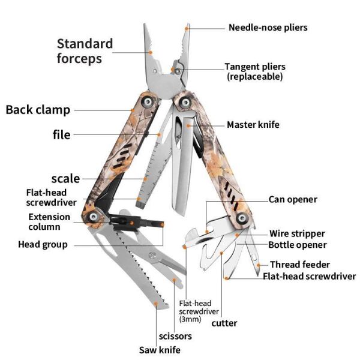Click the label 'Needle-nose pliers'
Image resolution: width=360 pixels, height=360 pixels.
coord(268,28)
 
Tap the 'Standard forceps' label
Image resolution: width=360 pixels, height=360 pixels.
coord(85,51)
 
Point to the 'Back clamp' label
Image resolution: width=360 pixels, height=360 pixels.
coord(38,110)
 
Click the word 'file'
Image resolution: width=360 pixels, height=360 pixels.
coord(62,134)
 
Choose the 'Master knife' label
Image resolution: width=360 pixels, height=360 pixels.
coord(253,125)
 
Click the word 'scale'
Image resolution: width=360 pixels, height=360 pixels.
coord(65,178)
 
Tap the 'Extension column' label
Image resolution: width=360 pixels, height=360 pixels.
coord(49,222)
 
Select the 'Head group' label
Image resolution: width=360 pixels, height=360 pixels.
coord(43,244)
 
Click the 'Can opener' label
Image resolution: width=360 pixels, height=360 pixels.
coord(293,199)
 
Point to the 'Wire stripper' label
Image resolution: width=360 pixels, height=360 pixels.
coord(297,233)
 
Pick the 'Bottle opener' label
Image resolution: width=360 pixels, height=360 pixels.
coord(298,245)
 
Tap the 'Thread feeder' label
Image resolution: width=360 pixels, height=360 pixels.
coord(300,264)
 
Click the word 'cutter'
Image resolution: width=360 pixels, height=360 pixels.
coord(224,323)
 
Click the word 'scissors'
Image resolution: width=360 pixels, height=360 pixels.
coord(175,336)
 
